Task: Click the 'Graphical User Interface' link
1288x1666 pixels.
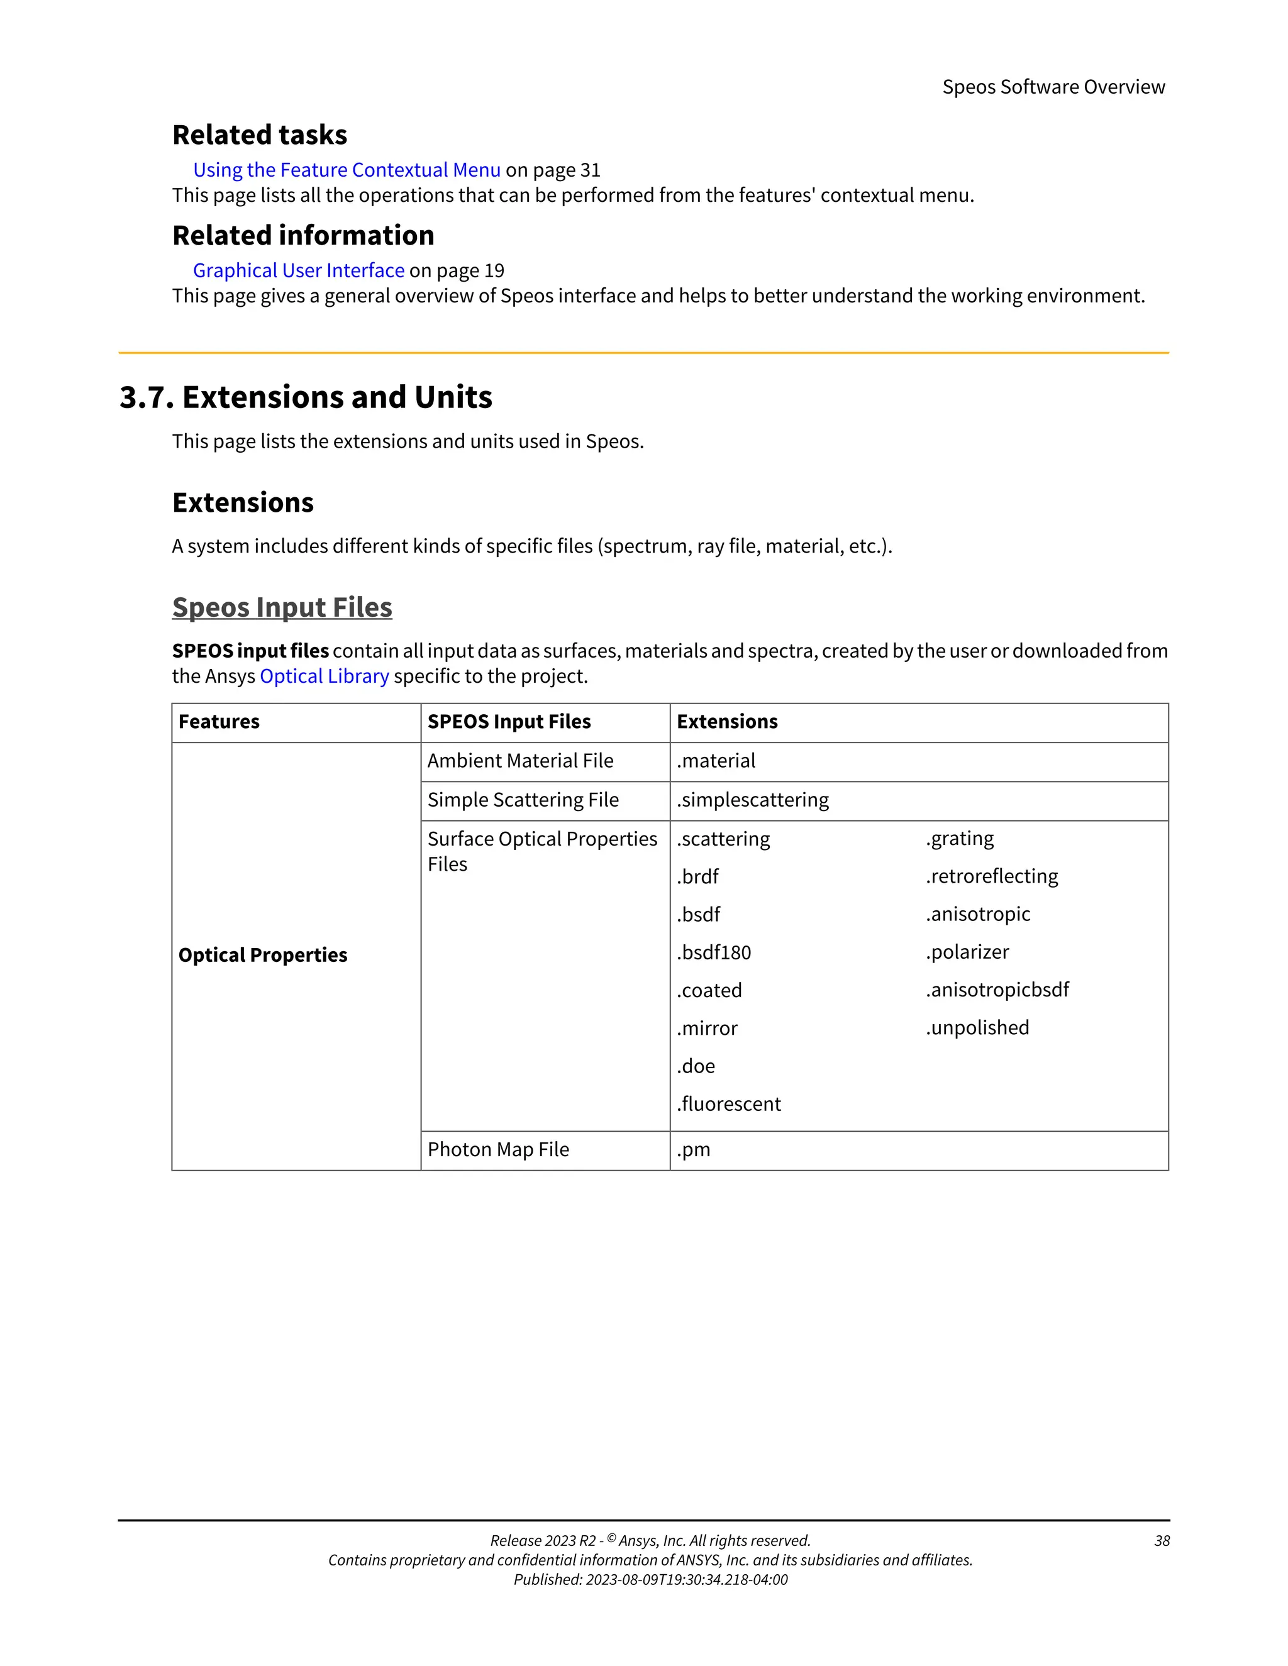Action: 298,270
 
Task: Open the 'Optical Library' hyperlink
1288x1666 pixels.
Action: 325,676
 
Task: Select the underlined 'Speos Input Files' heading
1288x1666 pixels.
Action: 282,607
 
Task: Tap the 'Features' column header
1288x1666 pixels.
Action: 219,722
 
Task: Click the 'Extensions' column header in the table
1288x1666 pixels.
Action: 727,722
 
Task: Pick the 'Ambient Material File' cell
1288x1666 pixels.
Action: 520,761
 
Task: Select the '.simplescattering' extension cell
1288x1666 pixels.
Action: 752,800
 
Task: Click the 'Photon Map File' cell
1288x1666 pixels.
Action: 498,1150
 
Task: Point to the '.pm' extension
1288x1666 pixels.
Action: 694,1150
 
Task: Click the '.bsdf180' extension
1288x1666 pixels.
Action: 713,952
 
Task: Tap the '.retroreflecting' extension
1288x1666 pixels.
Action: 992,876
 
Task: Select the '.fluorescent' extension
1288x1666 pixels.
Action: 729,1104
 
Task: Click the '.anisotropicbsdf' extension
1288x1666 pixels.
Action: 997,990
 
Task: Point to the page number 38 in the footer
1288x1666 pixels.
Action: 1162,1541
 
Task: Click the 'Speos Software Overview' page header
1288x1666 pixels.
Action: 1053,87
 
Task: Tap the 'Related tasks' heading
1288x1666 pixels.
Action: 260,135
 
